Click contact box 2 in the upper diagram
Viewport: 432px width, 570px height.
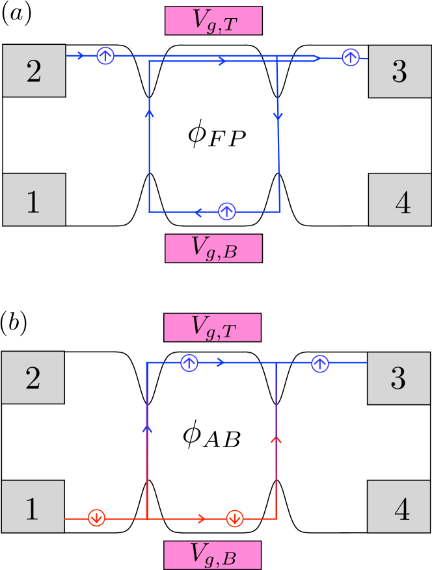(x=34, y=71)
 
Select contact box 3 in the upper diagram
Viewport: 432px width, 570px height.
(x=399, y=71)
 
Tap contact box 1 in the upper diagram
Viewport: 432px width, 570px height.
(x=34, y=200)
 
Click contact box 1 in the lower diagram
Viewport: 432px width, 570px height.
(x=33, y=507)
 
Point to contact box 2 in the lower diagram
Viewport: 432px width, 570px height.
(x=33, y=378)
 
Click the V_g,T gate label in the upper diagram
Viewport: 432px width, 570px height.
(x=213, y=21)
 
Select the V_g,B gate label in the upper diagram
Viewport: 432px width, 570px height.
(x=213, y=248)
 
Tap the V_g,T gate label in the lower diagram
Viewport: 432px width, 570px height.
(x=212, y=328)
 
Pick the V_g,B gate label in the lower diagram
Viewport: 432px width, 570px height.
(x=212, y=555)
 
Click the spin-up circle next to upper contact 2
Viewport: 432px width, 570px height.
(x=105, y=56)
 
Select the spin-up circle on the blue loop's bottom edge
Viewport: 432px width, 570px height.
(x=226, y=211)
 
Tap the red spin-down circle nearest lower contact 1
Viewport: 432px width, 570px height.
(x=97, y=518)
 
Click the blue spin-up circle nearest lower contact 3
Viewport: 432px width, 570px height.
(x=319, y=363)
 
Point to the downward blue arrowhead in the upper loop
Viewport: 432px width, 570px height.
(x=278, y=116)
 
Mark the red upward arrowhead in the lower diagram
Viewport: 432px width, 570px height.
(x=277, y=440)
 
